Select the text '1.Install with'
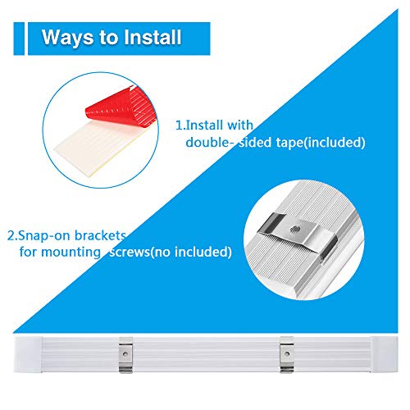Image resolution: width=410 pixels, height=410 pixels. coord(215,125)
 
